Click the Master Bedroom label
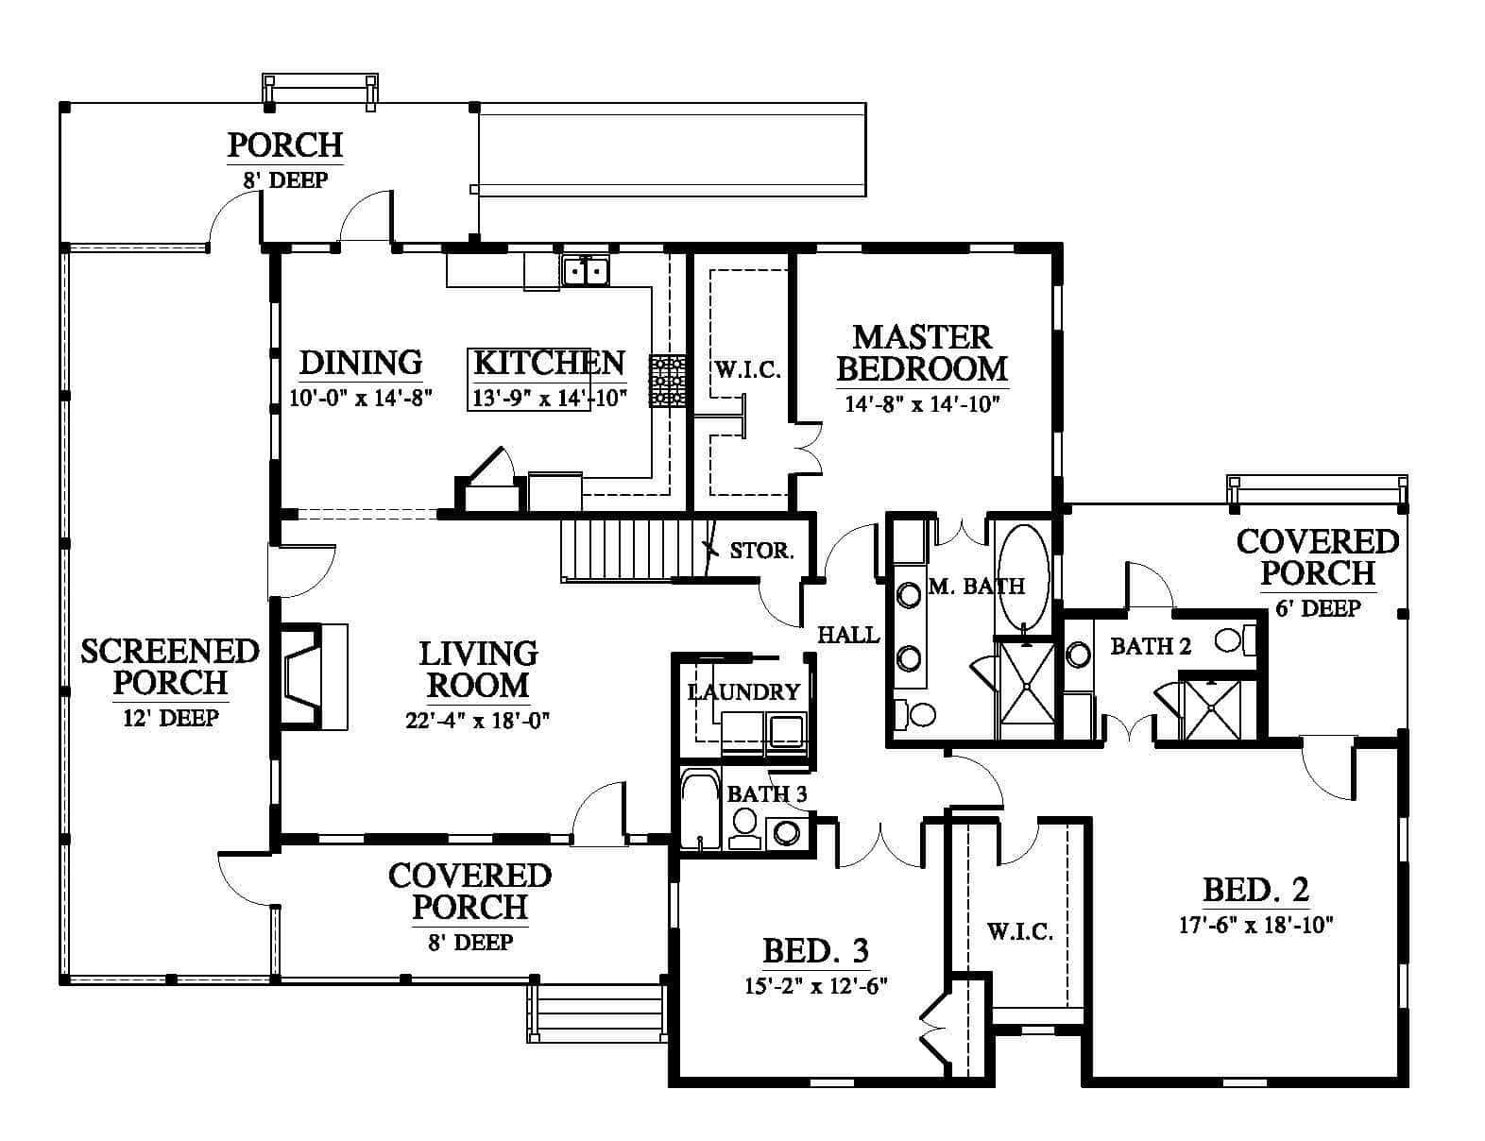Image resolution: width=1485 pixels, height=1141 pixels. pos(922,353)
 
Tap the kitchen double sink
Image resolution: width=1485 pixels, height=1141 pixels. pos(585,270)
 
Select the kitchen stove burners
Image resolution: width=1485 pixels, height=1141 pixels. pos(667,382)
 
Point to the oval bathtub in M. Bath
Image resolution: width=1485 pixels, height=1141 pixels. pos(1022,578)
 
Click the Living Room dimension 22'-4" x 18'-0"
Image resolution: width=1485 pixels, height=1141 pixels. pos(478,720)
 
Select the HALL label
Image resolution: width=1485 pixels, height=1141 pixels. pos(848,635)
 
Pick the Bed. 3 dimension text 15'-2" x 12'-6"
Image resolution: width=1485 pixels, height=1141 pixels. pos(815,986)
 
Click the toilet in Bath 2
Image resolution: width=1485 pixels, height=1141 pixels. pos(1236,641)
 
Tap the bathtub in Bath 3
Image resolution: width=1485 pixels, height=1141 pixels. pos(701,809)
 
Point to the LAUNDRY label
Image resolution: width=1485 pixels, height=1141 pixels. pos(743,692)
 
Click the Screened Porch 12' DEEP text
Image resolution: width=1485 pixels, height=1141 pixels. pos(171,718)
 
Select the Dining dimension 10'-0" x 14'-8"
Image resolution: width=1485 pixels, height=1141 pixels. pos(360,398)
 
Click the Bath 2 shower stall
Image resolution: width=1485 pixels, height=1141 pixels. pos(1212,709)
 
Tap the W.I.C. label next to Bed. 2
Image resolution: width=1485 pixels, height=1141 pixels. pos(1019,931)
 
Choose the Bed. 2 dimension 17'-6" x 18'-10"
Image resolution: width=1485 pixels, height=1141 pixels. pos(1256,925)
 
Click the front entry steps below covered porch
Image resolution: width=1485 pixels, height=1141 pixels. pos(597,1013)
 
